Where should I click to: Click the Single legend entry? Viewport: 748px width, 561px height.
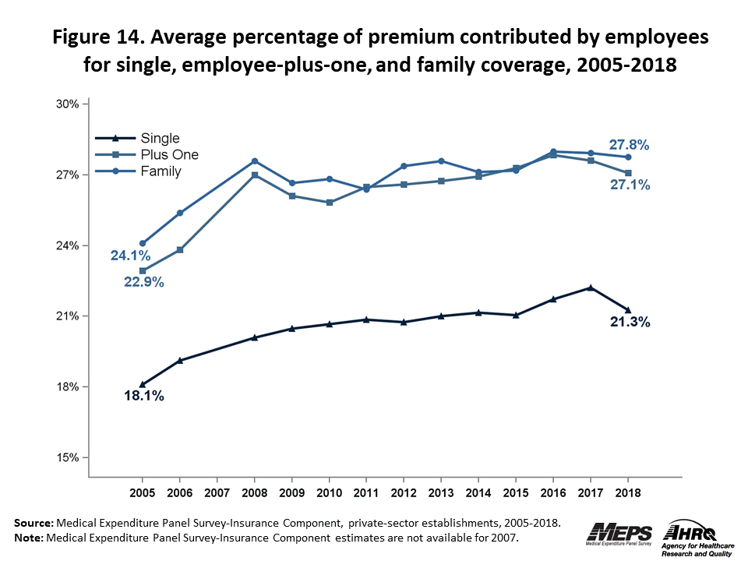(160, 139)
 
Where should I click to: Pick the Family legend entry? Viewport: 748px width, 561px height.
(161, 171)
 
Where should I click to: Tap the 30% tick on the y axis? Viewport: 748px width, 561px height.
(69, 104)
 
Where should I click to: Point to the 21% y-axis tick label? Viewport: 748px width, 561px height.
(69, 316)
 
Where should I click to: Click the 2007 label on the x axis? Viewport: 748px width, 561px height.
(217, 494)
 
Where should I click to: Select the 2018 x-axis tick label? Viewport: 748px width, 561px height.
(628, 494)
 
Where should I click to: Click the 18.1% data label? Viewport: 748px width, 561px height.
(144, 397)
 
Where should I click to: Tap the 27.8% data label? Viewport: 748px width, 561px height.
(630, 144)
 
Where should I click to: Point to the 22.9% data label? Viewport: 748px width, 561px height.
(144, 282)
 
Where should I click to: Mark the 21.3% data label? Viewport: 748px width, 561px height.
(630, 321)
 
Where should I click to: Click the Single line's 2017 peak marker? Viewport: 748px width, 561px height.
(591, 288)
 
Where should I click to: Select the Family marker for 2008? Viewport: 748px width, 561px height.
(255, 161)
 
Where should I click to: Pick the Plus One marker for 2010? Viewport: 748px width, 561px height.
(330, 203)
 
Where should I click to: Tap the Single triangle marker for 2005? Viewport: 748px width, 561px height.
(143, 384)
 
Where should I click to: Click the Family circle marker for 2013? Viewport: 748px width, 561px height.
(441, 161)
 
